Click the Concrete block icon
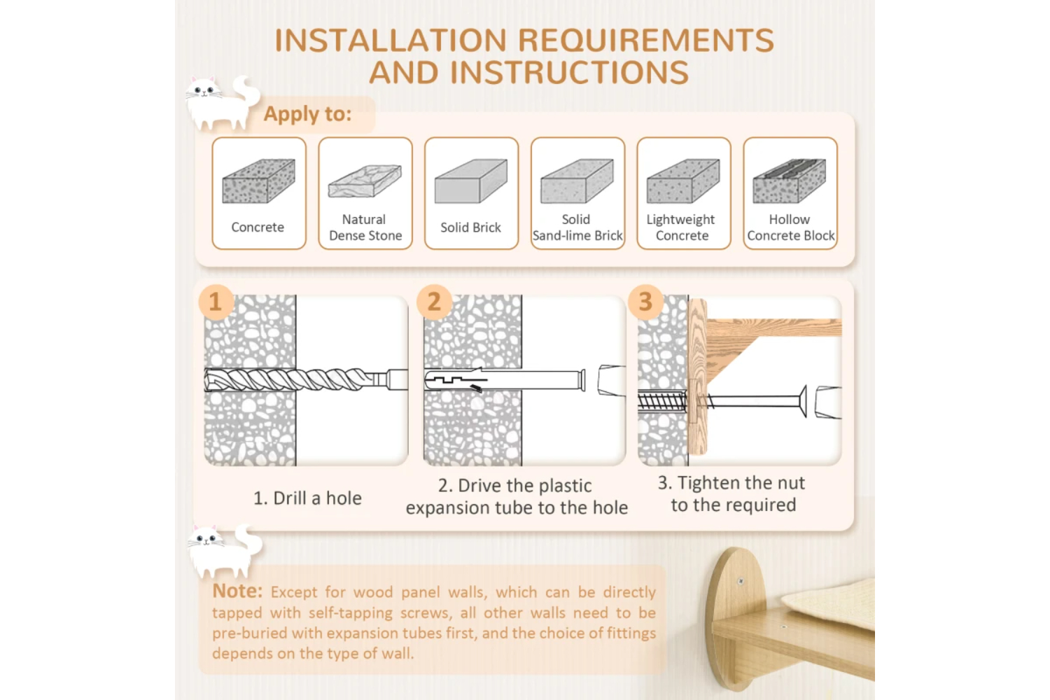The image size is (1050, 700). coord(259,181)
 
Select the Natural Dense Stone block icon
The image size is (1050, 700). coord(365,181)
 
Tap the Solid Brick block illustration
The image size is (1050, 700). coord(470,181)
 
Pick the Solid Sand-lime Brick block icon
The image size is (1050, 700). coord(577,181)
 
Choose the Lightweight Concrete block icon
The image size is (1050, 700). coord(683,181)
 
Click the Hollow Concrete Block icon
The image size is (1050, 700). coord(790,181)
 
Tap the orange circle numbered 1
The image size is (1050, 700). coord(216,302)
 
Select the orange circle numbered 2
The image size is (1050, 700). coord(434,302)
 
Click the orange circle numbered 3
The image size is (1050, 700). coord(645,302)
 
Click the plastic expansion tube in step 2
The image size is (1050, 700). coord(505,380)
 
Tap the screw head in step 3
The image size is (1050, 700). coord(802,401)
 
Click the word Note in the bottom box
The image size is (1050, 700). coord(237,591)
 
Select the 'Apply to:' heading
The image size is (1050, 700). coord(307,114)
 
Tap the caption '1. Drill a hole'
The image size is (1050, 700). coord(307,498)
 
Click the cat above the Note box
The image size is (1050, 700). coord(224,552)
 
